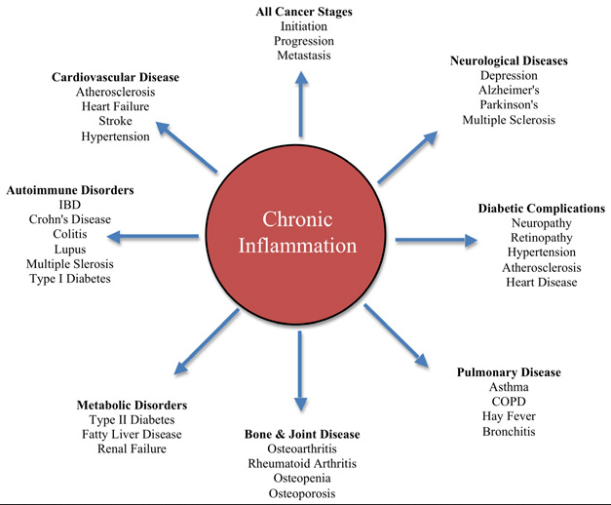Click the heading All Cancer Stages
tap(304, 12)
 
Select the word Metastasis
tap(304, 56)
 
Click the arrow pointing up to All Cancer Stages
tap(301, 104)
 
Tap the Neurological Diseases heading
tap(509, 60)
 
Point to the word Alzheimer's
tap(509, 90)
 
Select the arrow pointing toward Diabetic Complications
tap(437, 240)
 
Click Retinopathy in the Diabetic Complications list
tap(542, 238)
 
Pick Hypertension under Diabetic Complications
tap(542, 252)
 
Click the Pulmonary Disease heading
tap(509, 372)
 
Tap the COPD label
tap(509, 402)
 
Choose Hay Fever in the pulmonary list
tap(509, 416)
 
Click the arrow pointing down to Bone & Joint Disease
tap(300, 370)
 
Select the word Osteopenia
tap(302, 479)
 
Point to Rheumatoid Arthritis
tap(302, 464)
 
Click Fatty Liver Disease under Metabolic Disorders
tap(132, 435)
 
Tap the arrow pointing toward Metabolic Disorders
tap(207, 341)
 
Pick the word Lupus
tap(70, 250)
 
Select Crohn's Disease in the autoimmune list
tap(70, 219)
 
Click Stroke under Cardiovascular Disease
tap(115, 121)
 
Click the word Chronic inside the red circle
tap(297, 219)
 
